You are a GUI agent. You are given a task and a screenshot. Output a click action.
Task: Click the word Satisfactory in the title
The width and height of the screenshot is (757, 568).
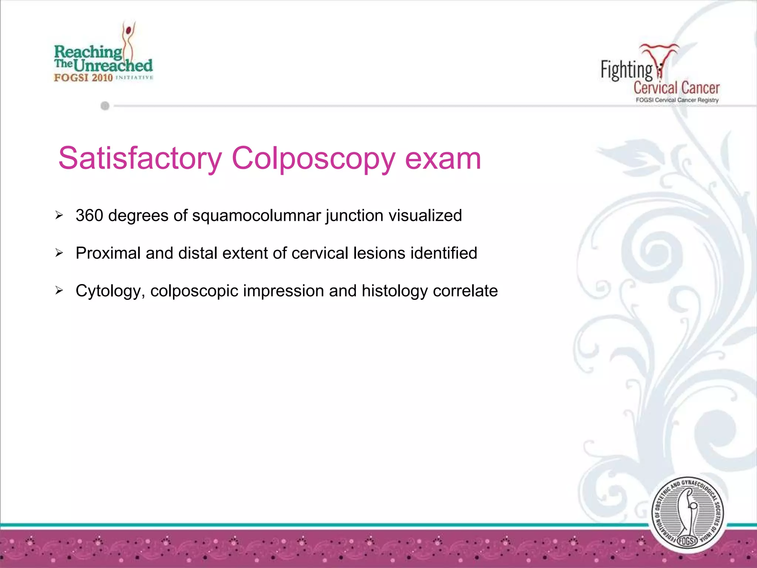click(140, 159)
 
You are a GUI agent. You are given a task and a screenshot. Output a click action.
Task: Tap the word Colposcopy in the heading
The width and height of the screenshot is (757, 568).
click(313, 159)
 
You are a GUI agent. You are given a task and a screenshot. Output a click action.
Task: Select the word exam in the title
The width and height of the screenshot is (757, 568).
click(443, 159)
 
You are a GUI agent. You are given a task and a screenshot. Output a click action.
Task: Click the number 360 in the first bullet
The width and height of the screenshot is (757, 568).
click(89, 216)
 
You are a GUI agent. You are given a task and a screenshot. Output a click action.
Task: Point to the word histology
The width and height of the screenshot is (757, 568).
click(395, 291)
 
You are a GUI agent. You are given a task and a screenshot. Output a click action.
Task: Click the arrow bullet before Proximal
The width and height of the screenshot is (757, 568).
click(59, 253)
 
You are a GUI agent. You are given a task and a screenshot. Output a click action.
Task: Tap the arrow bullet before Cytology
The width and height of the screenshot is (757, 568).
click(59, 291)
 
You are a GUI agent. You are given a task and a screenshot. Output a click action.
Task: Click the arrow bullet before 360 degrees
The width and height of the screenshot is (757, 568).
click(59, 215)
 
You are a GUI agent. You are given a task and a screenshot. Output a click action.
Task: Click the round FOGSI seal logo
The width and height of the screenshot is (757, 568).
click(687, 514)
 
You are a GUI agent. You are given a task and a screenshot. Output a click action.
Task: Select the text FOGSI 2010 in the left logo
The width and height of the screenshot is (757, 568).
click(83, 78)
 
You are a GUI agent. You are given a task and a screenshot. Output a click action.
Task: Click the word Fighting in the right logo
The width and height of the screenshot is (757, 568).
click(626, 70)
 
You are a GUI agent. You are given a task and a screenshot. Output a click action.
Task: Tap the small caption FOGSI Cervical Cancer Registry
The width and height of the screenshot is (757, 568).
click(677, 100)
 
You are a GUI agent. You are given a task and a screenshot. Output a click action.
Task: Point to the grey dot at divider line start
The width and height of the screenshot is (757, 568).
click(105, 106)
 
